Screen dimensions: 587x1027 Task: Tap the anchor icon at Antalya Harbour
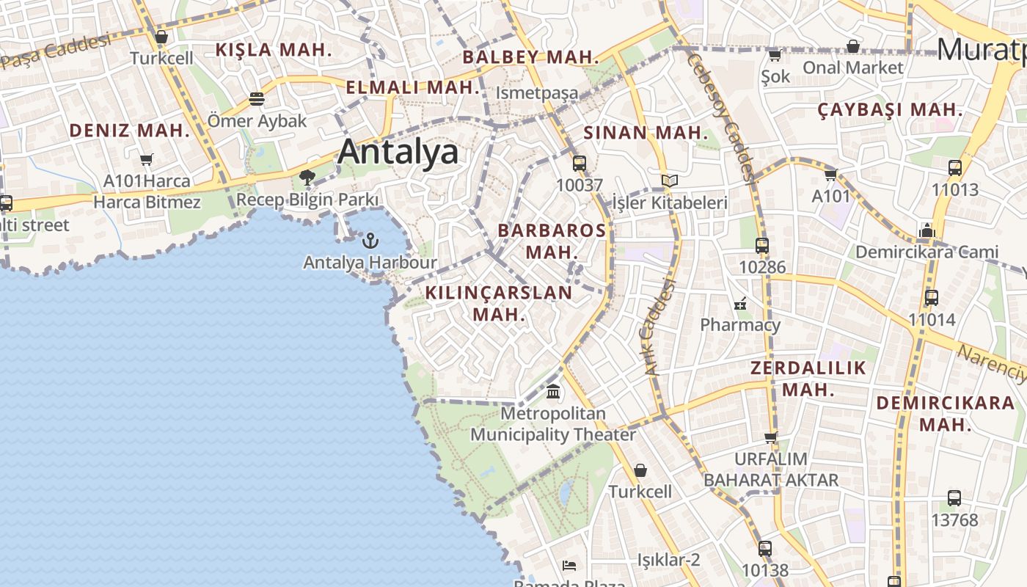click(371, 241)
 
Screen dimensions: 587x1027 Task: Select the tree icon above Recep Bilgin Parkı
click(307, 177)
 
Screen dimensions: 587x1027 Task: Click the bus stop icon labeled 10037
click(580, 164)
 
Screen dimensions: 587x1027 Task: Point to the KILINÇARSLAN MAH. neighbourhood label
click(499, 303)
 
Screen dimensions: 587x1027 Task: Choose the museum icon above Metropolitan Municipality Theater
click(553, 391)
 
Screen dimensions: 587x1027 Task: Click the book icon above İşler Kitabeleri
click(669, 181)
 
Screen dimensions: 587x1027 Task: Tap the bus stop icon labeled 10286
click(762, 246)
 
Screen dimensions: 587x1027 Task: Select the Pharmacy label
click(740, 324)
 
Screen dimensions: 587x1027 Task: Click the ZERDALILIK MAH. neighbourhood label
click(808, 378)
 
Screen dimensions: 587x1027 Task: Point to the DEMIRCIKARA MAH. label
click(946, 413)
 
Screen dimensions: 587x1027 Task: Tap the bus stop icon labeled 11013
click(954, 168)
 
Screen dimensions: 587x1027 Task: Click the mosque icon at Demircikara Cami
click(927, 231)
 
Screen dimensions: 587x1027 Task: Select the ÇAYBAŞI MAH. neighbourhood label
click(890, 110)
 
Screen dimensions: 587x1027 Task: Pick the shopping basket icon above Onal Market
click(852, 47)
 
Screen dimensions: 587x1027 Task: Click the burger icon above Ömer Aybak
click(257, 98)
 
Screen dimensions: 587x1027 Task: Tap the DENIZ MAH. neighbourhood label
click(129, 131)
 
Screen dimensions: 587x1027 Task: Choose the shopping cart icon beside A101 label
click(830, 175)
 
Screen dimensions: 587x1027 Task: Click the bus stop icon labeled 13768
click(954, 498)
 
